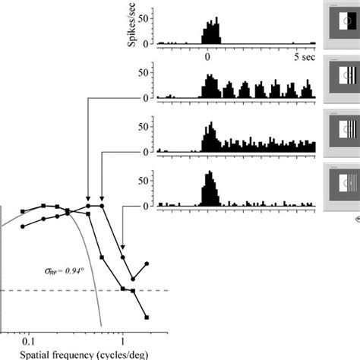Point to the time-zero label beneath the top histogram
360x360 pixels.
pos(206,56)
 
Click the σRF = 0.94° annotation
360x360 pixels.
pos(62,269)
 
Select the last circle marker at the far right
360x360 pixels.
pos(147,264)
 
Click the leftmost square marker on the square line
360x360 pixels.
pos(24,212)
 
